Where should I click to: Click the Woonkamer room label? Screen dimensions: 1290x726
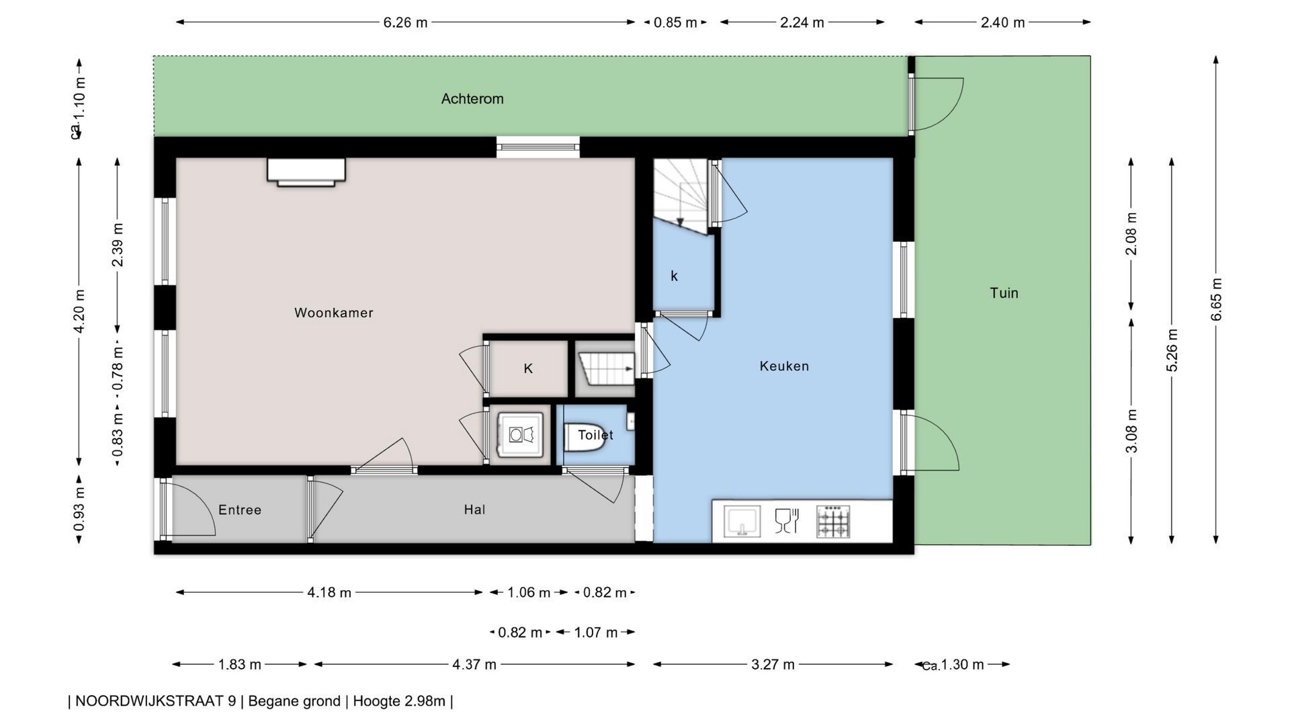click(333, 313)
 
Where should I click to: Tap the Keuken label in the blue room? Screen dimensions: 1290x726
click(784, 366)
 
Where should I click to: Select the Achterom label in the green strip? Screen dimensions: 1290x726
click(472, 99)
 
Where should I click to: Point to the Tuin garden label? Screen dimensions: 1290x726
click(1004, 293)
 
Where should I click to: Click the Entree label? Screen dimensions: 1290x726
click(240, 510)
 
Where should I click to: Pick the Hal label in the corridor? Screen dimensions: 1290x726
click(474, 510)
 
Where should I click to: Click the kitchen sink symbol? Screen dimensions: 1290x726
click(742, 522)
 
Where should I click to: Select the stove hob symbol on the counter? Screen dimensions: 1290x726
click(833, 522)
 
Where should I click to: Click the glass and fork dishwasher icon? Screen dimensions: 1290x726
click(787, 521)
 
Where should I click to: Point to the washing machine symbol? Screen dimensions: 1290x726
click(520, 435)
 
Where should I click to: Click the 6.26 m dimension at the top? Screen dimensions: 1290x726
click(405, 22)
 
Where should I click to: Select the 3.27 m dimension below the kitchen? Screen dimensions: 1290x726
click(773, 665)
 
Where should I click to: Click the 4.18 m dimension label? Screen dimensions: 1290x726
click(329, 593)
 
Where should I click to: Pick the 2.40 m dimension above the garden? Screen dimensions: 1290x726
click(1002, 22)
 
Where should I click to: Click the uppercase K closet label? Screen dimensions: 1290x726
click(528, 368)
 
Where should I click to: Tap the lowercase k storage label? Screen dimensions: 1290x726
click(674, 276)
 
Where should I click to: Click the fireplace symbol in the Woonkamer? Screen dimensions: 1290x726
click(306, 172)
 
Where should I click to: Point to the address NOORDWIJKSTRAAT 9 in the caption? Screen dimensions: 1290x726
click(155, 701)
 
